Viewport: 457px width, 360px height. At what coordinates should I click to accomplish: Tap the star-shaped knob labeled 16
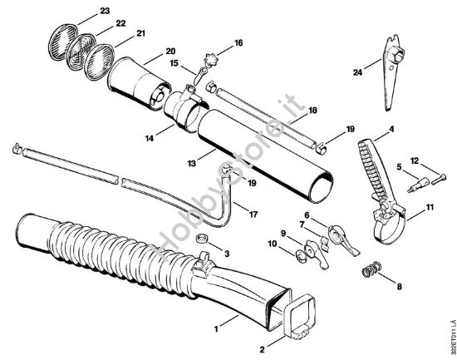tap(216, 61)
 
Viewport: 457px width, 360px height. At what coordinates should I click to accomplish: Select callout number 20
tap(170, 50)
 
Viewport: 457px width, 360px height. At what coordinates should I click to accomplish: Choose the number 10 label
tap(273, 243)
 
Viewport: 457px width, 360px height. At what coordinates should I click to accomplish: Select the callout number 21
tap(140, 33)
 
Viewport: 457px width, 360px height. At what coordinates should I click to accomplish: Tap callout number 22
tap(120, 22)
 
